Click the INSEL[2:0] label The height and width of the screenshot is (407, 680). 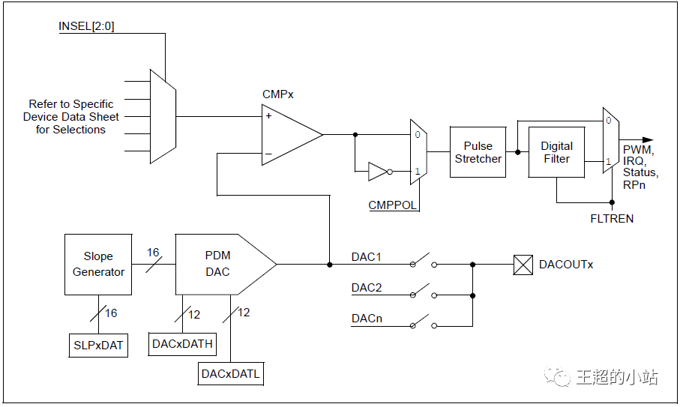coord(86,26)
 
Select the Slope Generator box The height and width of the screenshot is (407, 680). coord(98,265)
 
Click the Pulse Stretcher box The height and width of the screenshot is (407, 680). coord(478,152)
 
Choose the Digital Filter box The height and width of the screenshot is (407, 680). coord(556,152)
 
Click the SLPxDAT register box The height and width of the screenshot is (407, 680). coord(98,346)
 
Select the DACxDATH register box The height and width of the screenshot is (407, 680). coord(183,344)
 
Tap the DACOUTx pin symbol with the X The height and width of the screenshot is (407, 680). coord(523,265)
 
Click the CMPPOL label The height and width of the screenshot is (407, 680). coord(392,205)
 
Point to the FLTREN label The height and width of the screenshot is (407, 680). coord(612,219)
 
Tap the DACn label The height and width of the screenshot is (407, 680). coord(367,319)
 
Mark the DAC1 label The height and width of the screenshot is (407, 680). coord(367,257)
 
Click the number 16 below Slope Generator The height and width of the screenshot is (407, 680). coord(111,313)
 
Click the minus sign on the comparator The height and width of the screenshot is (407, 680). coord(268,154)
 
